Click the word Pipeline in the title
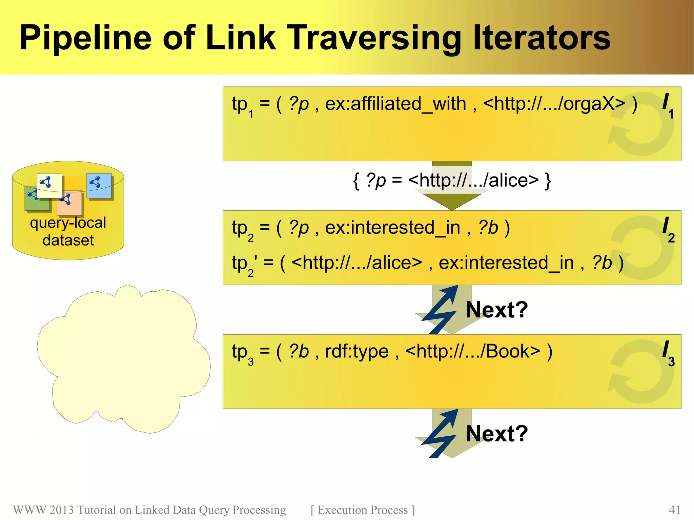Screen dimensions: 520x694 (85, 38)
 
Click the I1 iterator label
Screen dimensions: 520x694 (668, 105)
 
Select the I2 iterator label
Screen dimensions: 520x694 (668, 229)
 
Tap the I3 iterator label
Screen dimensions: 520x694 (668, 353)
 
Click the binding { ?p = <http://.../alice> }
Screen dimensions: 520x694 (452, 180)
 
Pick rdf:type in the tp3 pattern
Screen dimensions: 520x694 (356, 351)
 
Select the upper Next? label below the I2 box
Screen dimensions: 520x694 (497, 309)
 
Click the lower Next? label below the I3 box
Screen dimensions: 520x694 (497, 433)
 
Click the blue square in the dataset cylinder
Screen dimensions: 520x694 (99, 186)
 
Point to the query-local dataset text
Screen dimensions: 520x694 (68, 231)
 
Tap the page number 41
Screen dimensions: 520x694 (674, 510)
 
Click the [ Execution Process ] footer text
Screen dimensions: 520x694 (363, 510)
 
